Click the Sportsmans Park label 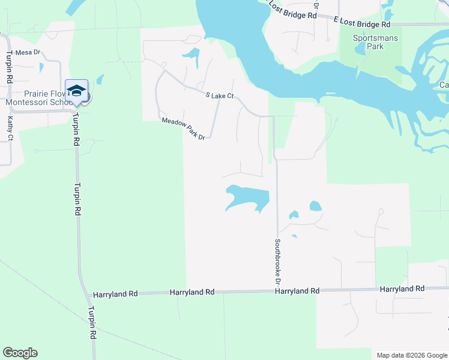(367, 41)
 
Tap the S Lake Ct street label (219, 96)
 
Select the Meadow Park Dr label (184, 129)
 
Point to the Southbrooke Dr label (278, 262)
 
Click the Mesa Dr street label (28, 52)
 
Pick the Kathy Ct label (10, 129)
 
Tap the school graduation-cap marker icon (76, 91)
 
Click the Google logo (20, 353)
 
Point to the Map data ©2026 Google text (411, 355)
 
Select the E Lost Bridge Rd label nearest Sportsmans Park (362, 24)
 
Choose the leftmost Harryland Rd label (115, 295)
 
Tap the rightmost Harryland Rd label (402, 289)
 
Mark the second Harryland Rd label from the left (192, 292)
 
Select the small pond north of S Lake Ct (192, 57)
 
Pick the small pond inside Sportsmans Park (360, 50)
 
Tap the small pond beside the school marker (99, 79)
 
